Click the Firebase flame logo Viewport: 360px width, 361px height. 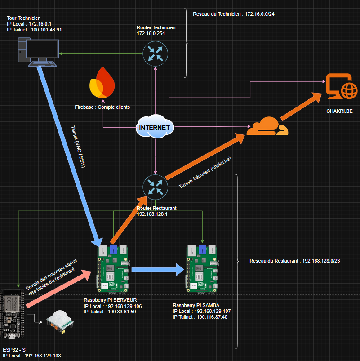coord(102,82)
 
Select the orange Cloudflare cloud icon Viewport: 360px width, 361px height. coord(267,126)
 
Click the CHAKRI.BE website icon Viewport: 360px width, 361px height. coord(342,86)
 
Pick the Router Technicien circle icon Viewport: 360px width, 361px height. coord(156,53)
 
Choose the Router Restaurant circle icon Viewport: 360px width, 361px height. coord(156,187)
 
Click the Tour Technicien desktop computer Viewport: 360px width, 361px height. coord(39,53)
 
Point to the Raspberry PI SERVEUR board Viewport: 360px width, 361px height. coord(113,268)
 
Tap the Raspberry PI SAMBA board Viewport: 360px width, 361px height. coord(202,268)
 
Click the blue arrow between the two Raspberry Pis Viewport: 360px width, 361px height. coord(158,270)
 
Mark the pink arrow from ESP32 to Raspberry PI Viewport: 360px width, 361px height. coord(59,289)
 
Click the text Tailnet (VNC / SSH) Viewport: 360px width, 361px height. coord(78,147)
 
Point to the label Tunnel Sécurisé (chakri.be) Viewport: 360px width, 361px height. coord(205,173)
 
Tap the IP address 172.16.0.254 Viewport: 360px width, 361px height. coord(151,33)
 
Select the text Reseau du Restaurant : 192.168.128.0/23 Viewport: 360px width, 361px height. coord(295,261)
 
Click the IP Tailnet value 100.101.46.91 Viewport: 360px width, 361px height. coord(46,30)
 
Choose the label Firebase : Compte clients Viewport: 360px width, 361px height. coord(102,107)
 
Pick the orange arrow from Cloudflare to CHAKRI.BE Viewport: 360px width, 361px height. coord(301,107)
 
